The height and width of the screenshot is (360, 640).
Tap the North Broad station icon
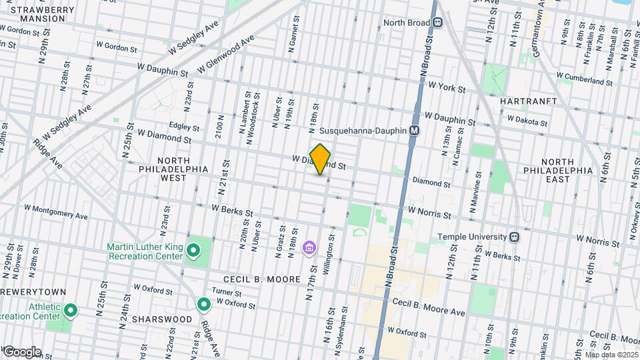[439, 22]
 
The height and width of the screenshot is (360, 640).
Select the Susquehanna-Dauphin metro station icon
[414, 131]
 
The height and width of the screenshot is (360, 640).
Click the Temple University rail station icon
[514, 237]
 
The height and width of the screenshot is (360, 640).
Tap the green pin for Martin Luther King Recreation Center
[193, 251]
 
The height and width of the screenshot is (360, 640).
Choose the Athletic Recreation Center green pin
[70, 311]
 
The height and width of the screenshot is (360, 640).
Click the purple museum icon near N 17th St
[309, 249]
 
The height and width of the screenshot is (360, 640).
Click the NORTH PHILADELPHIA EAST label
[566, 171]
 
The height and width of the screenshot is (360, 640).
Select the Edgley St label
[184, 127]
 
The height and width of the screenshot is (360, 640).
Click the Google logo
[21, 351]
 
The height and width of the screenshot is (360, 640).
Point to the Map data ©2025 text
[611, 355]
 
